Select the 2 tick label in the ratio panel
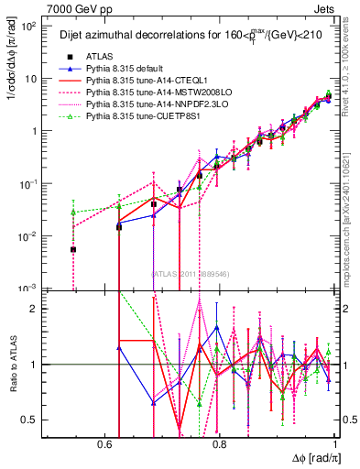(x=35, y=309)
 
